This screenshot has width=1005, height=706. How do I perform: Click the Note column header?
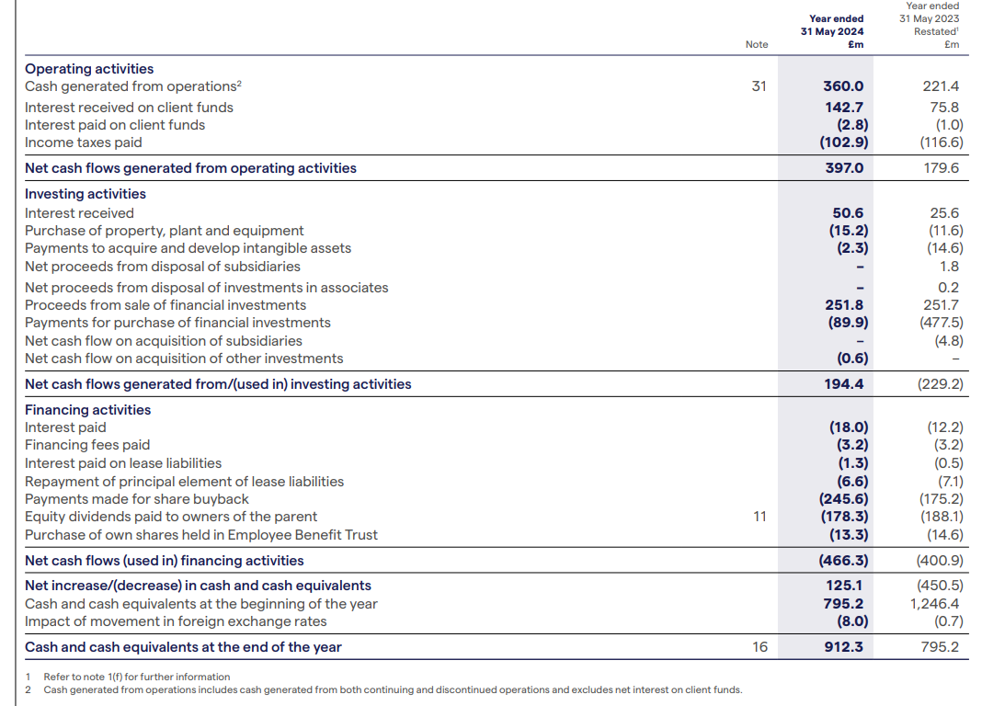click(x=757, y=44)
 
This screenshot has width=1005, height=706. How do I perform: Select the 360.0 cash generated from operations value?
click(x=843, y=85)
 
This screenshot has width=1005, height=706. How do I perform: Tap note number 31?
click(x=759, y=85)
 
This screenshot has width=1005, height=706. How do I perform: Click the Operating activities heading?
click(x=89, y=69)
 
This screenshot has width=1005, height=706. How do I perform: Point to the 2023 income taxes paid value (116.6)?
click(x=941, y=142)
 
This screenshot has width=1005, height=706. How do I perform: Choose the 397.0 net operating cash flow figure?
click(x=844, y=168)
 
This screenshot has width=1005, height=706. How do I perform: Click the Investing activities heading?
click(x=86, y=193)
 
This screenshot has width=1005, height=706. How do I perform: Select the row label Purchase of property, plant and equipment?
click(x=164, y=231)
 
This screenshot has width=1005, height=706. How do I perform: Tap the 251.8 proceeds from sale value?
click(x=844, y=305)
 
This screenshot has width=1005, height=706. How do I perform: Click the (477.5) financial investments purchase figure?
click(x=941, y=323)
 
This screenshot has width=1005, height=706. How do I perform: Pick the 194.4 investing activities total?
click(x=843, y=383)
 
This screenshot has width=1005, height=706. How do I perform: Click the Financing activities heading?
click(x=87, y=410)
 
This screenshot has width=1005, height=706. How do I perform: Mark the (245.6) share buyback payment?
click(x=843, y=498)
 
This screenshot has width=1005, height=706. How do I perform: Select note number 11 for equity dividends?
click(x=759, y=517)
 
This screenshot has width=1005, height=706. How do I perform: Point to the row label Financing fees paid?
click(x=87, y=445)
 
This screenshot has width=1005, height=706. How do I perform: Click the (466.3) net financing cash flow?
click(x=843, y=561)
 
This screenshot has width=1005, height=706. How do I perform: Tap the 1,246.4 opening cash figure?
click(x=934, y=603)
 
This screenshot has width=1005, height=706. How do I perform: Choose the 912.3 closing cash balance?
click(x=843, y=647)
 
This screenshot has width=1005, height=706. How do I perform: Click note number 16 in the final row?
click(x=759, y=647)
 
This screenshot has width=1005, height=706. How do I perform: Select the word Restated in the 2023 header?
click(x=935, y=31)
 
